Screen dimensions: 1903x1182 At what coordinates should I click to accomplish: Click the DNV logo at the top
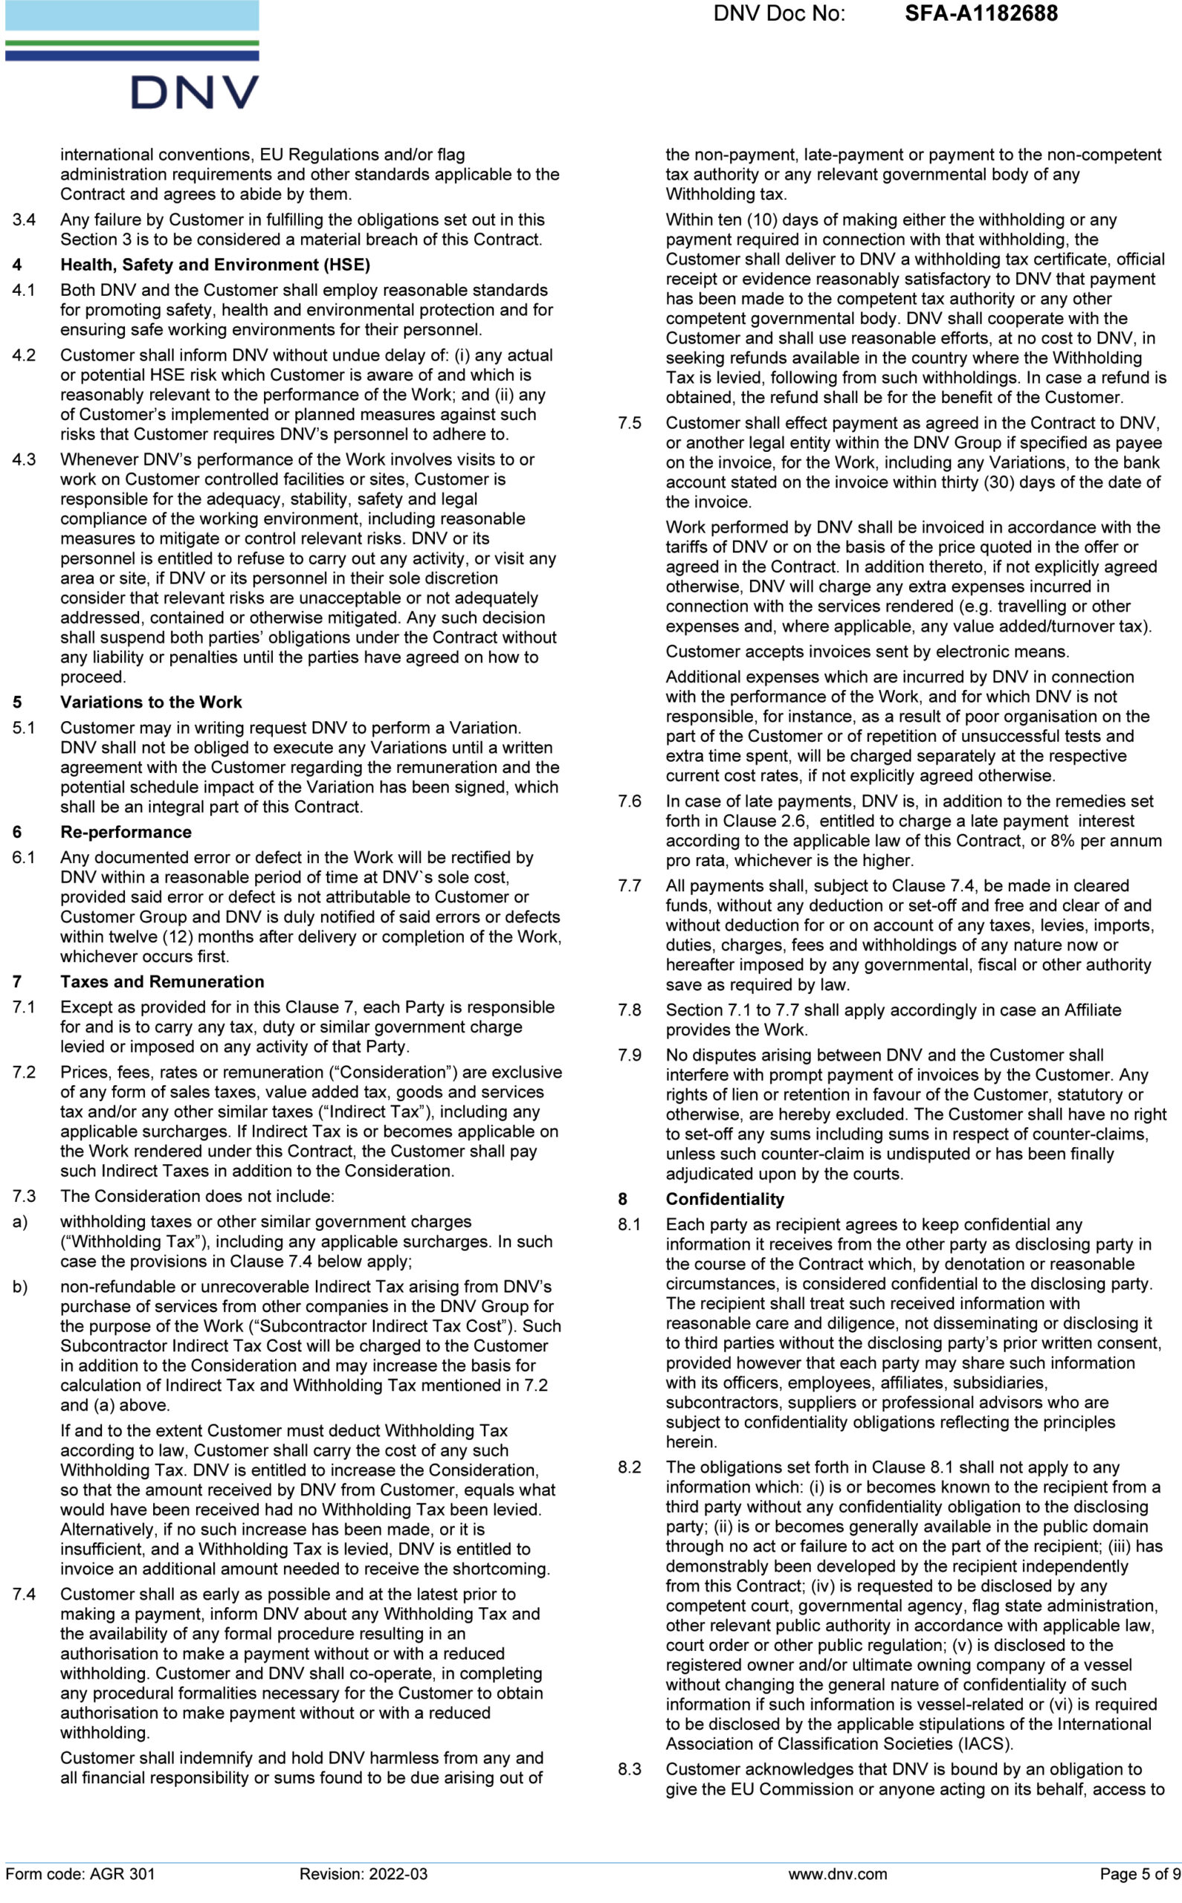[x=194, y=92]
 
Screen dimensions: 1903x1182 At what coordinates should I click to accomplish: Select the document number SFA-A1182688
[x=981, y=14]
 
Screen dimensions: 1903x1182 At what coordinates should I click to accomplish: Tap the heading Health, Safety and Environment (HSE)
[x=215, y=265]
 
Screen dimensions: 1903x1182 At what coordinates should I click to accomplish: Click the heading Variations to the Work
[x=151, y=702]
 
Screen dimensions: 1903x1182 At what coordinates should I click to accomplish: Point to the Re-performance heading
[x=126, y=832]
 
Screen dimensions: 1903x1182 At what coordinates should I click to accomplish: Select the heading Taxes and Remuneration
[x=162, y=981]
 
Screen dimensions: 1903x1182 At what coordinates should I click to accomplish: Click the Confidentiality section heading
[x=725, y=1199]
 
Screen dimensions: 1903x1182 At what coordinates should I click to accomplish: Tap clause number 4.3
[x=24, y=459]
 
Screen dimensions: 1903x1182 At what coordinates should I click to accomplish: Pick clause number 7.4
[x=24, y=1595]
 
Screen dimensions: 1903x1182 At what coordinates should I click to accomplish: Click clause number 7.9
[x=630, y=1055]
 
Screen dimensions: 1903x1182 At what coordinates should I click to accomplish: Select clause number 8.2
[x=630, y=1467]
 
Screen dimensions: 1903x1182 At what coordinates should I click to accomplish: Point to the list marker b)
[x=19, y=1286]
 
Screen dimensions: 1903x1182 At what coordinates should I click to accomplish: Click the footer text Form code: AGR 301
[x=80, y=1873]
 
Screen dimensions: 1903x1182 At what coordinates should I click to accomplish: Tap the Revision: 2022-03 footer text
[x=364, y=1873]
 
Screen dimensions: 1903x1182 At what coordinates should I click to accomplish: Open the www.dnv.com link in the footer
[x=837, y=1873]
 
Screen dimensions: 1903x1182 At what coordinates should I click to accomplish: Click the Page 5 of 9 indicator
[x=1139, y=1873]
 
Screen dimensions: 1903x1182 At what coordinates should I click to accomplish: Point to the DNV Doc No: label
[x=778, y=14]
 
